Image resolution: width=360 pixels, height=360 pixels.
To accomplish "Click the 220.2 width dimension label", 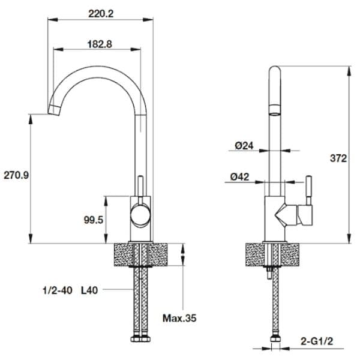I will pyautogui.click(x=101, y=13).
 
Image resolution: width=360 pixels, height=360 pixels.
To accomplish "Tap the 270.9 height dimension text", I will pyautogui.click(x=16, y=175).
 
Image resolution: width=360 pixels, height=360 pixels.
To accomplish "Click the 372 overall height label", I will pyautogui.click(x=338, y=158).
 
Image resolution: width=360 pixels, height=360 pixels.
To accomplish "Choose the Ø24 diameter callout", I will pyautogui.click(x=242, y=145).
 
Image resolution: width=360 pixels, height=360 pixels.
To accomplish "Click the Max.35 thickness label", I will pyautogui.click(x=179, y=317).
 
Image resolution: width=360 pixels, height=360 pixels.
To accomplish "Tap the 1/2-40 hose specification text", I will pyautogui.click(x=58, y=290).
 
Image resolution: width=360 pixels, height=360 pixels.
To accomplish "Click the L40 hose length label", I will pyautogui.click(x=89, y=290).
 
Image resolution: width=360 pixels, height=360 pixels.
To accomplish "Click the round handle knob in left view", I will pyautogui.click(x=140, y=214).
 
